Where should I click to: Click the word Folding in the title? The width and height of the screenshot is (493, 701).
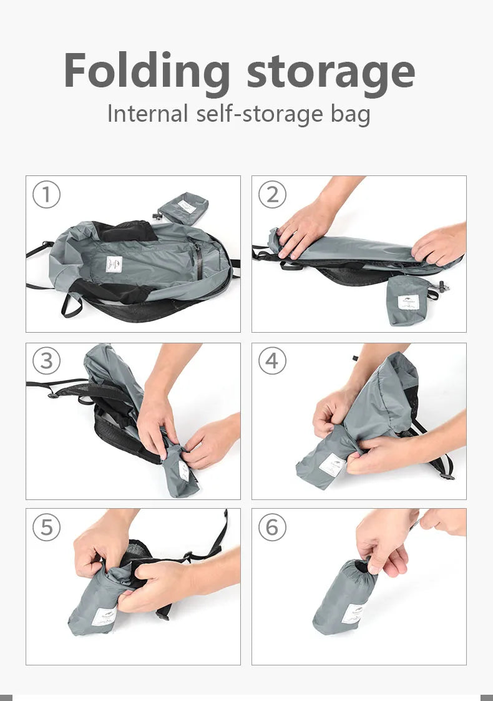(x=147, y=72)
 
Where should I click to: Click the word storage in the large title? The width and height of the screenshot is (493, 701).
(x=331, y=72)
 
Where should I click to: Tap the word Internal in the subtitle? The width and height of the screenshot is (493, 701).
(x=147, y=114)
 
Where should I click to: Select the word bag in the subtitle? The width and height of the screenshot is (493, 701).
(x=349, y=115)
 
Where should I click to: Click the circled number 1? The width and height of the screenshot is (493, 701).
(x=46, y=195)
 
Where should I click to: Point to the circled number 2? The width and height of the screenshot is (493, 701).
(x=272, y=195)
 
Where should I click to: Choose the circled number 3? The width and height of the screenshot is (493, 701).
(x=46, y=361)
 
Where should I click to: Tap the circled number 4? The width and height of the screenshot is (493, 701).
(x=272, y=361)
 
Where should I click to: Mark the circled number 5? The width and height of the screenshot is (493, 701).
(x=46, y=527)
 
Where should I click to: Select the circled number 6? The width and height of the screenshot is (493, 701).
(x=272, y=527)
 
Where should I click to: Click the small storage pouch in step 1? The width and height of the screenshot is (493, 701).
(x=183, y=207)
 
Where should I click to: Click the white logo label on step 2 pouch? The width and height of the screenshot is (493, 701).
(x=409, y=302)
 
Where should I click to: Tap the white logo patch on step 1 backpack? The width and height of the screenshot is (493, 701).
(x=113, y=264)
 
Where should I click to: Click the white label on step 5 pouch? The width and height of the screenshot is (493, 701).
(x=104, y=617)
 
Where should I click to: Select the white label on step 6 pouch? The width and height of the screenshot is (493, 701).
(x=354, y=614)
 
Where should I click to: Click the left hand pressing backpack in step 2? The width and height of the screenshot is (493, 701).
(x=306, y=228)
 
